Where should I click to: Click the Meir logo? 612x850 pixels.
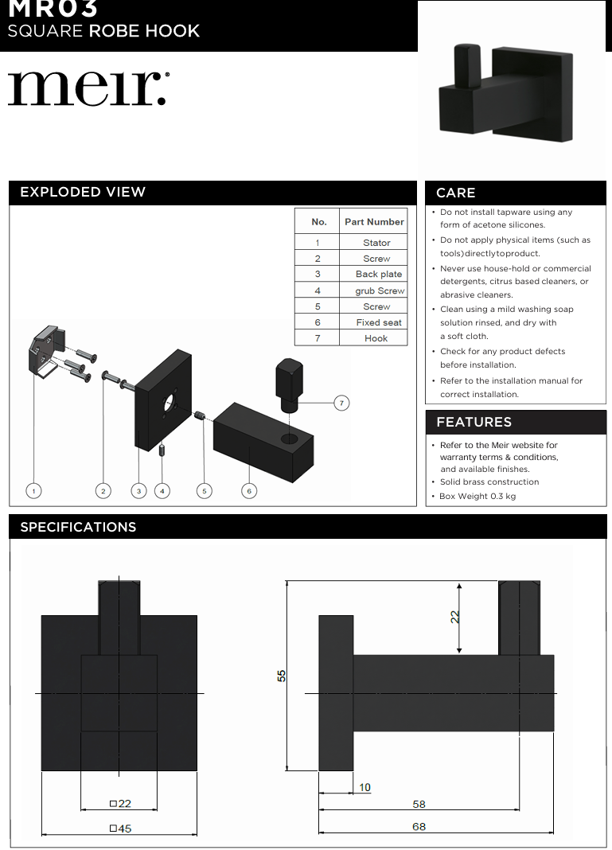pyautogui.click(x=88, y=88)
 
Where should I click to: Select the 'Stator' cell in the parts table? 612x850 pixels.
pyautogui.click(x=376, y=243)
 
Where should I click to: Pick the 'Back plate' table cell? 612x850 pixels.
pyautogui.click(x=379, y=275)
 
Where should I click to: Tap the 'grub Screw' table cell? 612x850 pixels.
pyautogui.click(x=380, y=290)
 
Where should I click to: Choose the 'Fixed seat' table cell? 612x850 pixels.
pyautogui.click(x=379, y=322)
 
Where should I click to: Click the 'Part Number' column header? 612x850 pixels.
pyautogui.click(x=374, y=221)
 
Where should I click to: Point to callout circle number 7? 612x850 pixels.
pyautogui.click(x=341, y=404)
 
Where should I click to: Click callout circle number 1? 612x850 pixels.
pyautogui.click(x=33, y=491)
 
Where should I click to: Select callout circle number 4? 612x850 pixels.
pyautogui.click(x=162, y=491)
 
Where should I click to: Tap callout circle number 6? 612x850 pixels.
pyautogui.click(x=249, y=491)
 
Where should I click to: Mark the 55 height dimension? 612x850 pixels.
pyautogui.click(x=282, y=675)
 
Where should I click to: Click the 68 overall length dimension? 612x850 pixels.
pyautogui.click(x=419, y=826)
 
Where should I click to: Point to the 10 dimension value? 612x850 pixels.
pyautogui.click(x=364, y=787)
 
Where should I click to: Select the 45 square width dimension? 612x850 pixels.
pyautogui.click(x=121, y=828)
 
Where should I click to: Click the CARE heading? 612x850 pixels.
pyautogui.click(x=456, y=193)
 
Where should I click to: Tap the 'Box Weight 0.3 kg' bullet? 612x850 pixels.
pyautogui.click(x=478, y=496)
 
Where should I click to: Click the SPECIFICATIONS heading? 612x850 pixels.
pyautogui.click(x=78, y=527)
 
